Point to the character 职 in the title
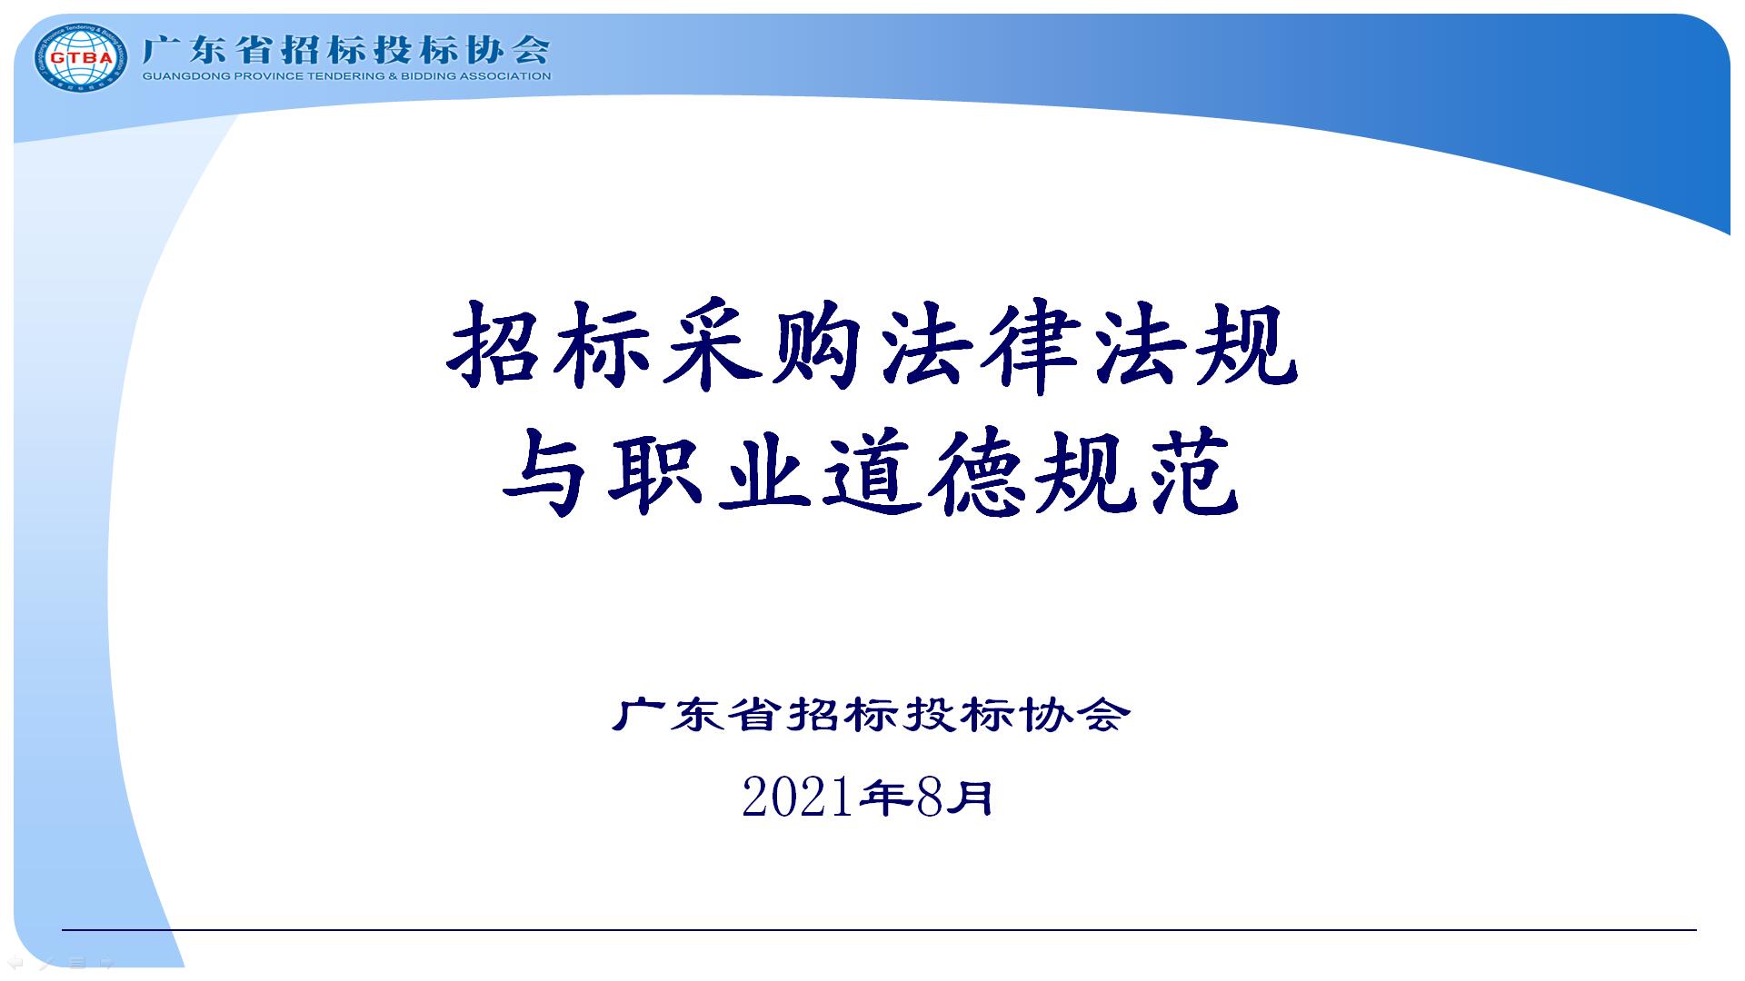tap(657, 472)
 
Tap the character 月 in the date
tap(971, 798)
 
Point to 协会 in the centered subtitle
tap(1072, 715)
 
